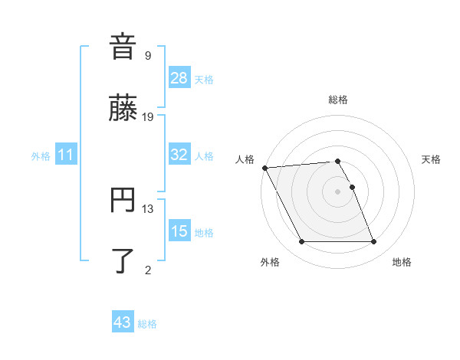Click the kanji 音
tap(123, 46)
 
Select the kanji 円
tap(123, 201)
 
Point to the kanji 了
tap(123, 260)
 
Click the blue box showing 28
tap(179, 77)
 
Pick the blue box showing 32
tap(179, 155)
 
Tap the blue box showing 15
tap(179, 231)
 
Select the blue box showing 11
tap(66, 155)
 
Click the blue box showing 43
tap(123, 322)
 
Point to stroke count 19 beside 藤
tap(148, 116)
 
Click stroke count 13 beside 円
tap(148, 208)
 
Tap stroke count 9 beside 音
tap(148, 55)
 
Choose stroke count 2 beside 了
tap(148, 270)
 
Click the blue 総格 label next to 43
tap(147, 324)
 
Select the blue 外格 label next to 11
tap(41, 156)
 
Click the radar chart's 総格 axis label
tap(337, 100)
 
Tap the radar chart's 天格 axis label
tap(432, 159)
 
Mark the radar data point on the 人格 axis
tap(264, 168)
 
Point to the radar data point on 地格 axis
tap(373, 242)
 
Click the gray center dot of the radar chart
tap(337, 191)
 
